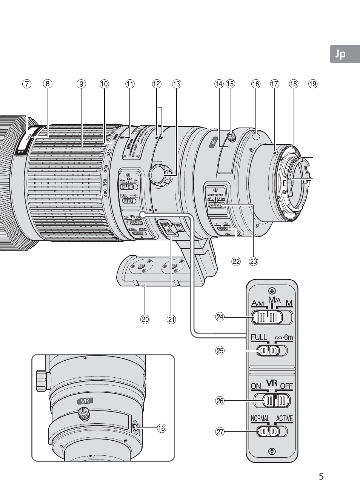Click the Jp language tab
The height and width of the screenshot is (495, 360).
[x=340, y=54]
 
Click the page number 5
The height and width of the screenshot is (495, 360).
[x=321, y=476]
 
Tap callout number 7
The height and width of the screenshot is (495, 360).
[x=26, y=84]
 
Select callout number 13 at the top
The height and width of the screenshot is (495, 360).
[x=176, y=84]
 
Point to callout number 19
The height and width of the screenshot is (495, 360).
[x=312, y=84]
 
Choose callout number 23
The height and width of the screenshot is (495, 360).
[x=253, y=261]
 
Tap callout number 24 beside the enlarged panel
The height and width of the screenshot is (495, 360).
[x=220, y=317]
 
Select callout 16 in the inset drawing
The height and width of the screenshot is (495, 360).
[x=162, y=428]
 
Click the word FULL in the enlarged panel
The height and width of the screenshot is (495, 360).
[x=259, y=337]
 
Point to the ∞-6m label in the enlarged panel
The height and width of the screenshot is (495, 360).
[x=284, y=337]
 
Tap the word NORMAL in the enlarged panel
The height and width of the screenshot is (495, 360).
[x=260, y=419]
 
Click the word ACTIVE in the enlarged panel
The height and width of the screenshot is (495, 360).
[x=284, y=419]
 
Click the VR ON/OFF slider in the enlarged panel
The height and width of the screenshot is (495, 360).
[x=272, y=401]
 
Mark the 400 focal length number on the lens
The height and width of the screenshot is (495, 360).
[x=105, y=192]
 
